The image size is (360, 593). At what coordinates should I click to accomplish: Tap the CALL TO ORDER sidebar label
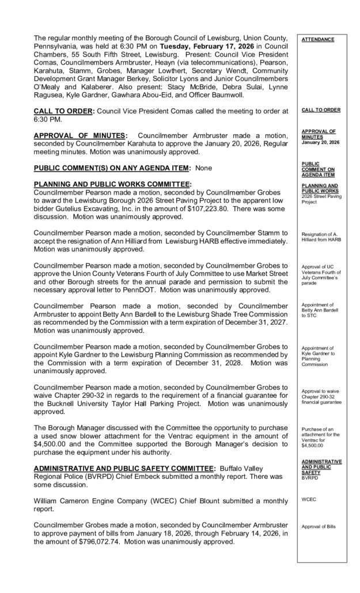320,109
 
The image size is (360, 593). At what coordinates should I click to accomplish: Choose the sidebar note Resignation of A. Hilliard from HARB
321,237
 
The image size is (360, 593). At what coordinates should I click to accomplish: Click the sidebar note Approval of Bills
319,526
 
